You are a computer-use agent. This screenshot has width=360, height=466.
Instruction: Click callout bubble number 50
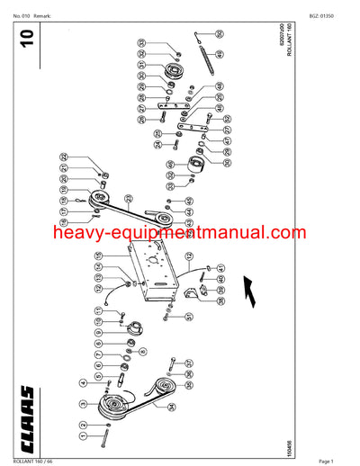pyautogui.click(x=220, y=33)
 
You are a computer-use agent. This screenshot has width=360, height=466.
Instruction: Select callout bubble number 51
pyautogui.click(x=190, y=318)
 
